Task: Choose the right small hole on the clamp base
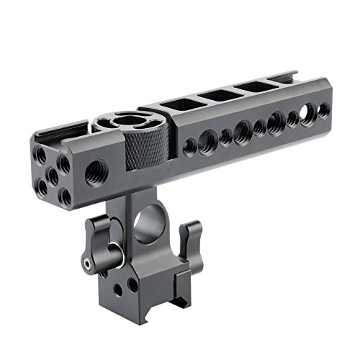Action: (x=132, y=284)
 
